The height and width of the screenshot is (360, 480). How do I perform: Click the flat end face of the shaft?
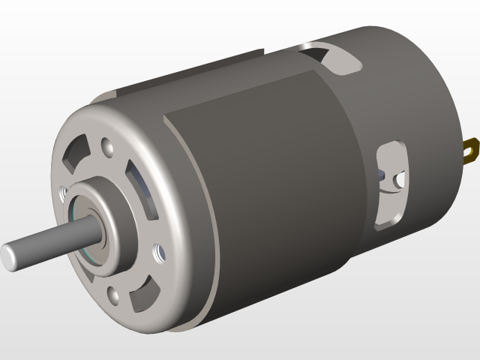click(10, 256)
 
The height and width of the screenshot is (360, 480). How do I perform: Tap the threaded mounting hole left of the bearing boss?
click(63, 192)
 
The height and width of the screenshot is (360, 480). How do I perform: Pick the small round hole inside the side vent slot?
click(400, 179)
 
